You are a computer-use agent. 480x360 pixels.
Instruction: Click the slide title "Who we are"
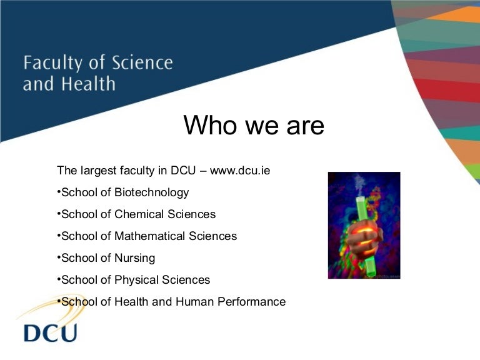click(254, 126)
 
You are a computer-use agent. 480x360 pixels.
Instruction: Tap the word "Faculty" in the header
click(53, 63)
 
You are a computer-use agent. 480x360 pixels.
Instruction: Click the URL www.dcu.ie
click(240, 170)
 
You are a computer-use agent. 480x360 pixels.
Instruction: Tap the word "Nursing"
click(135, 258)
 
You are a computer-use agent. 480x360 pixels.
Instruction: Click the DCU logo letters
click(50, 332)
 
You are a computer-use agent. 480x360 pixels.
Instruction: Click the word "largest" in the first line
click(97, 171)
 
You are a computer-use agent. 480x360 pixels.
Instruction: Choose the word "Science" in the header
click(142, 63)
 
